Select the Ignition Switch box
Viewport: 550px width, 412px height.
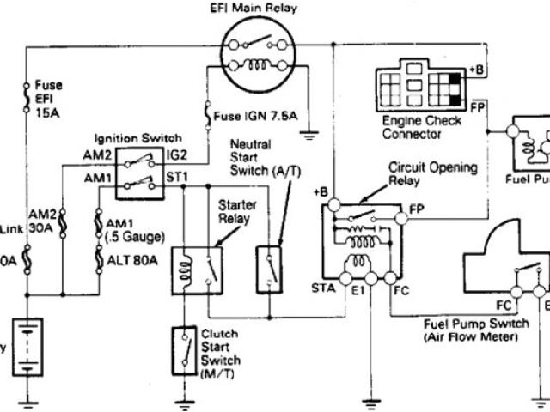(139, 168)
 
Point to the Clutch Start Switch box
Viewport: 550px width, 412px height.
(183, 347)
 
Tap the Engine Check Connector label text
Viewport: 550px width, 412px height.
(422, 128)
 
